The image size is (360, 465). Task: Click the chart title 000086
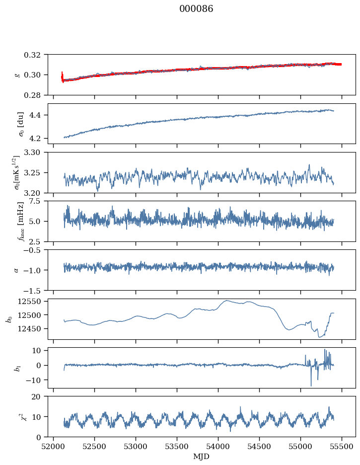pyautogui.click(x=196, y=9)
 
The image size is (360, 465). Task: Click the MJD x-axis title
pyautogui.click(x=201, y=457)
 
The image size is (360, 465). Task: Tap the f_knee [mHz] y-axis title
pyautogui.click(x=21, y=221)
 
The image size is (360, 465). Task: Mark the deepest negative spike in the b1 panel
pyautogui.click(x=311, y=386)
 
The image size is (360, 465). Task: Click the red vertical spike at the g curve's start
pyautogui.click(x=62, y=77)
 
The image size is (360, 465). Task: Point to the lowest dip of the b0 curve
pyautogui.click(x=319, y=337)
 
